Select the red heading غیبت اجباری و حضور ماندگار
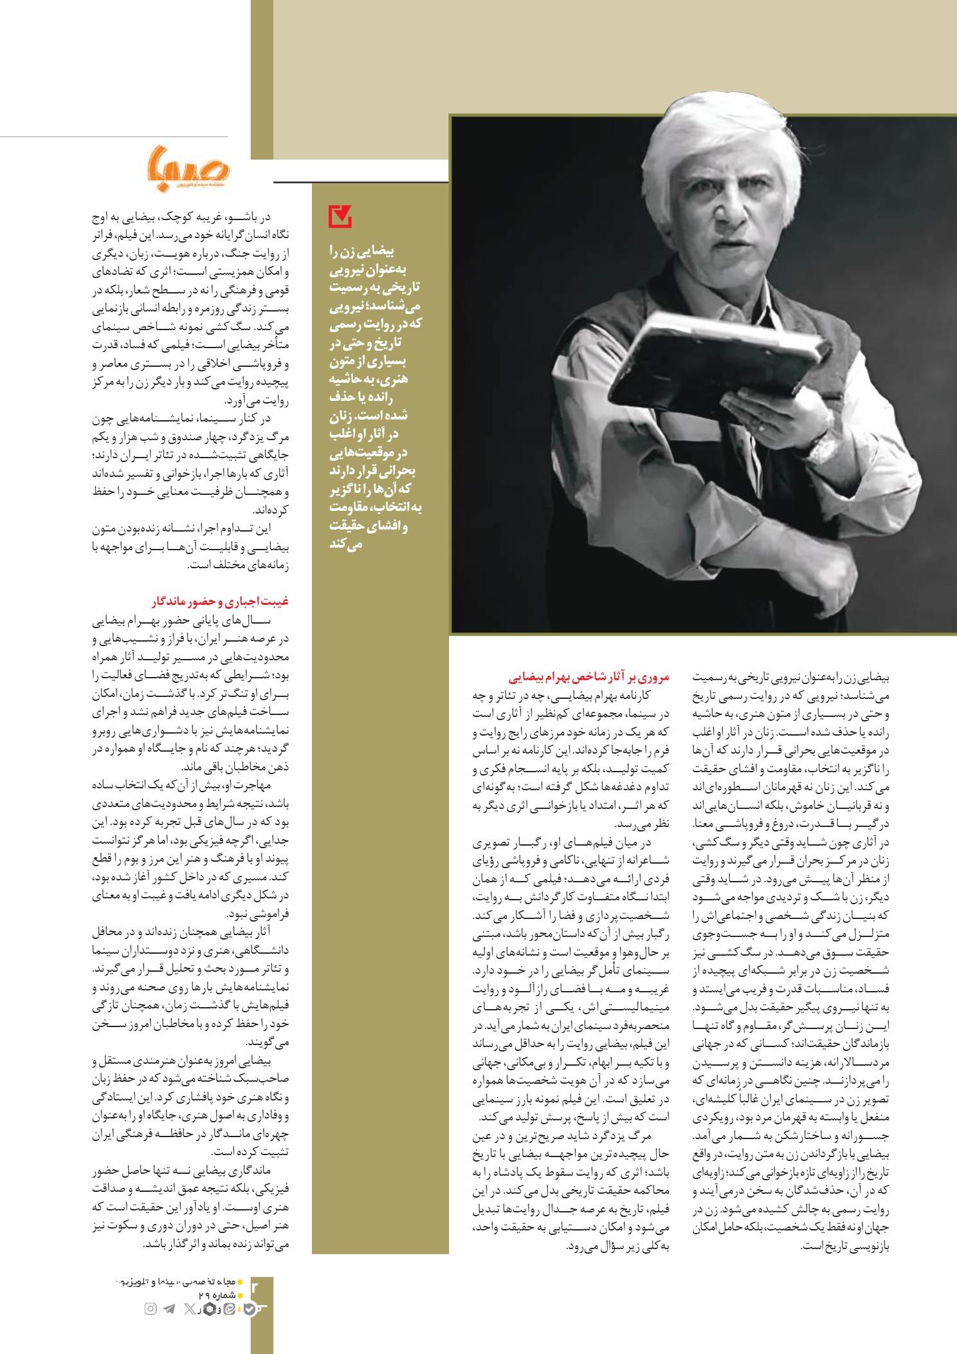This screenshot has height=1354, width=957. [x=221, y=602]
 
